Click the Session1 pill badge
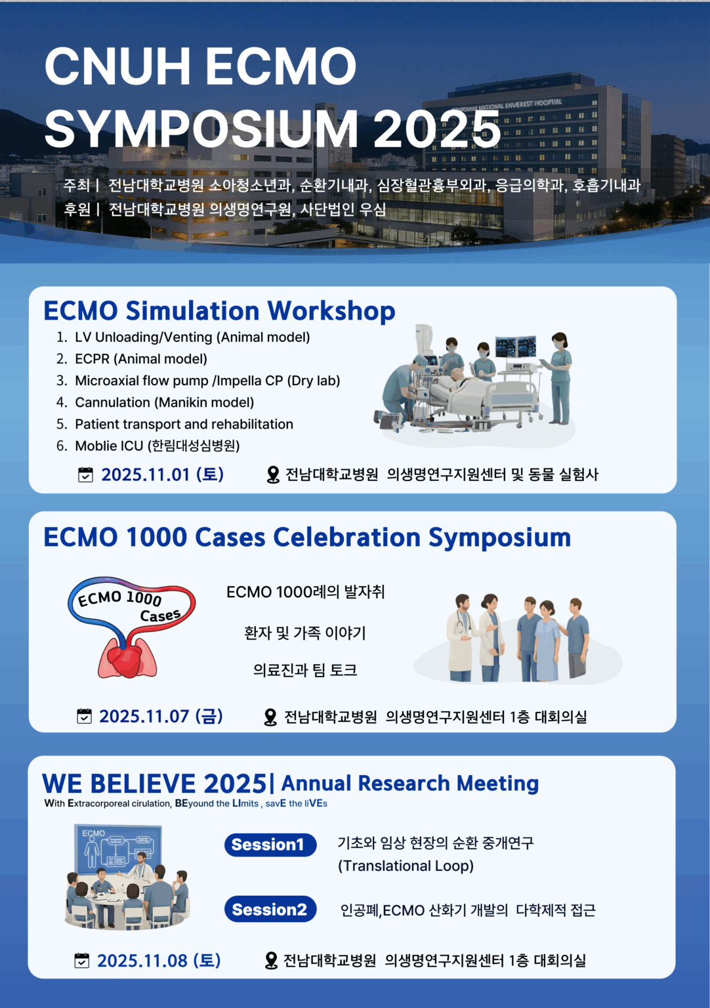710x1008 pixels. pyautogui.click(x=270, y=845)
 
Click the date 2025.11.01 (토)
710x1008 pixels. pyautogui.click(x=163, y=474)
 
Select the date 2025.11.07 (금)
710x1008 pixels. pyautogui.click(x=161, y=717)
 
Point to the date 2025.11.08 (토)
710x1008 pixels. pyautogui.click(x=159, y=960)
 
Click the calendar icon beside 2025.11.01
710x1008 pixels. pyautogui.click(x=85, y=474)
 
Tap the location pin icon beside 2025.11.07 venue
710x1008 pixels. pyautogui.click(x=270, y=717)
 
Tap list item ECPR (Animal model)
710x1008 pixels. pyautogui.click(x=141, y=359)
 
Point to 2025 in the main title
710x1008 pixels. pyautogui.click(x=437, y=129)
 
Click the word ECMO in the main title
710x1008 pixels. pyautogui.click(x=282, y=66)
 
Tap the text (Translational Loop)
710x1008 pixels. pyautogui.click(x=406, y=866)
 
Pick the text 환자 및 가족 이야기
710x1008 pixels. pyautogui.click(x=304, y=633)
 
